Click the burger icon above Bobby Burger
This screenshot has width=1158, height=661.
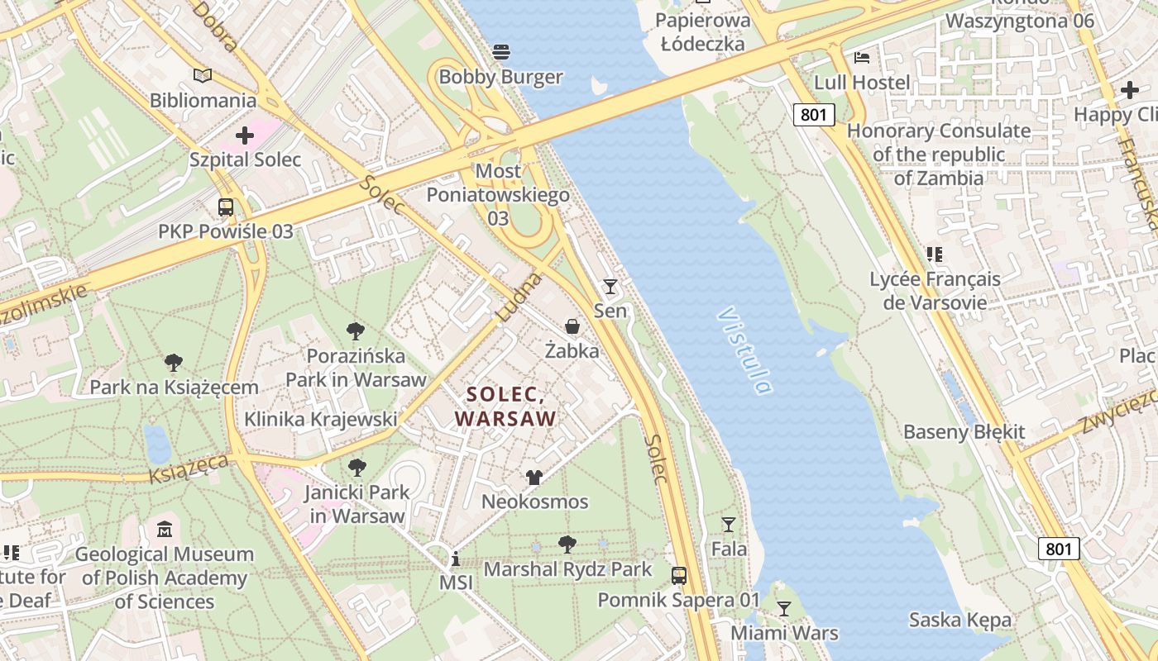500,52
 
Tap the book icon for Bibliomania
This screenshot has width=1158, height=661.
203,76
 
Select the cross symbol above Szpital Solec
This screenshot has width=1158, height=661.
245,135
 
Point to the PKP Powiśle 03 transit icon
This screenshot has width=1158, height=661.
225,207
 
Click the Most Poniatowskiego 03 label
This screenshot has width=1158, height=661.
498,194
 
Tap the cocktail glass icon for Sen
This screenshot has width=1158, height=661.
610,287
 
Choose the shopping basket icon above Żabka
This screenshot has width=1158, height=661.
572,326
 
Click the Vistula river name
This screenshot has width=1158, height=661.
744,350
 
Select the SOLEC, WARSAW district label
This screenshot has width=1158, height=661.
505,407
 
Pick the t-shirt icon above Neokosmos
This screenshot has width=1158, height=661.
534,478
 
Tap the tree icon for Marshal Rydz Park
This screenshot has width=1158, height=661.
567,544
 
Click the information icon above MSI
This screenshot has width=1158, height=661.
455,559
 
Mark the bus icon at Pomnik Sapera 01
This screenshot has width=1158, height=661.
678,575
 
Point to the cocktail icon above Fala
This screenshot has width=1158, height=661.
728,525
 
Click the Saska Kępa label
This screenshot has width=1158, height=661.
959,620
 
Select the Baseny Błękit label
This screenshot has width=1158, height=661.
964,431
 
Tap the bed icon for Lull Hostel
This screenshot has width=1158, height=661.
861,58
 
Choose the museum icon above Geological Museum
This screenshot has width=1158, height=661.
165,529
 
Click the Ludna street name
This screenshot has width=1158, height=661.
519,297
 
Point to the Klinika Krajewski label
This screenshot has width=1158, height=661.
320,419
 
